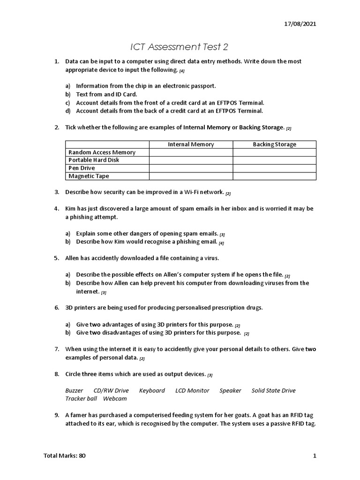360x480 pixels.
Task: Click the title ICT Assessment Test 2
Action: click(180, 47)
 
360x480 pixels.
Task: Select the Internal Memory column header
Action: click(191, 144)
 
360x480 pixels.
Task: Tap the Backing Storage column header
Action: click(274, 144)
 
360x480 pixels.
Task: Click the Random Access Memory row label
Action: click(102, 152)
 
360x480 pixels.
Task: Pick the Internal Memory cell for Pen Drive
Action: click(191, 168)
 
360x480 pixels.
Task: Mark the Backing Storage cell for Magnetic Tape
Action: click(274, 176)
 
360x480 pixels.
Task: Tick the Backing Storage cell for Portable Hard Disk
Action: click(274, 160)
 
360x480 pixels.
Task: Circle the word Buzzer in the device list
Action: click(74, 390)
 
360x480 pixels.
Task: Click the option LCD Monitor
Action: click(192, 390)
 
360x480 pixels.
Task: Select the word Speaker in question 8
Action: click(230, 390)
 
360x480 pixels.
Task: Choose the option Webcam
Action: click(115, 398)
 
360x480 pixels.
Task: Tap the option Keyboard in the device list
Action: click(152, 390)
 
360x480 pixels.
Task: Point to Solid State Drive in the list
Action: click(273, 390)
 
